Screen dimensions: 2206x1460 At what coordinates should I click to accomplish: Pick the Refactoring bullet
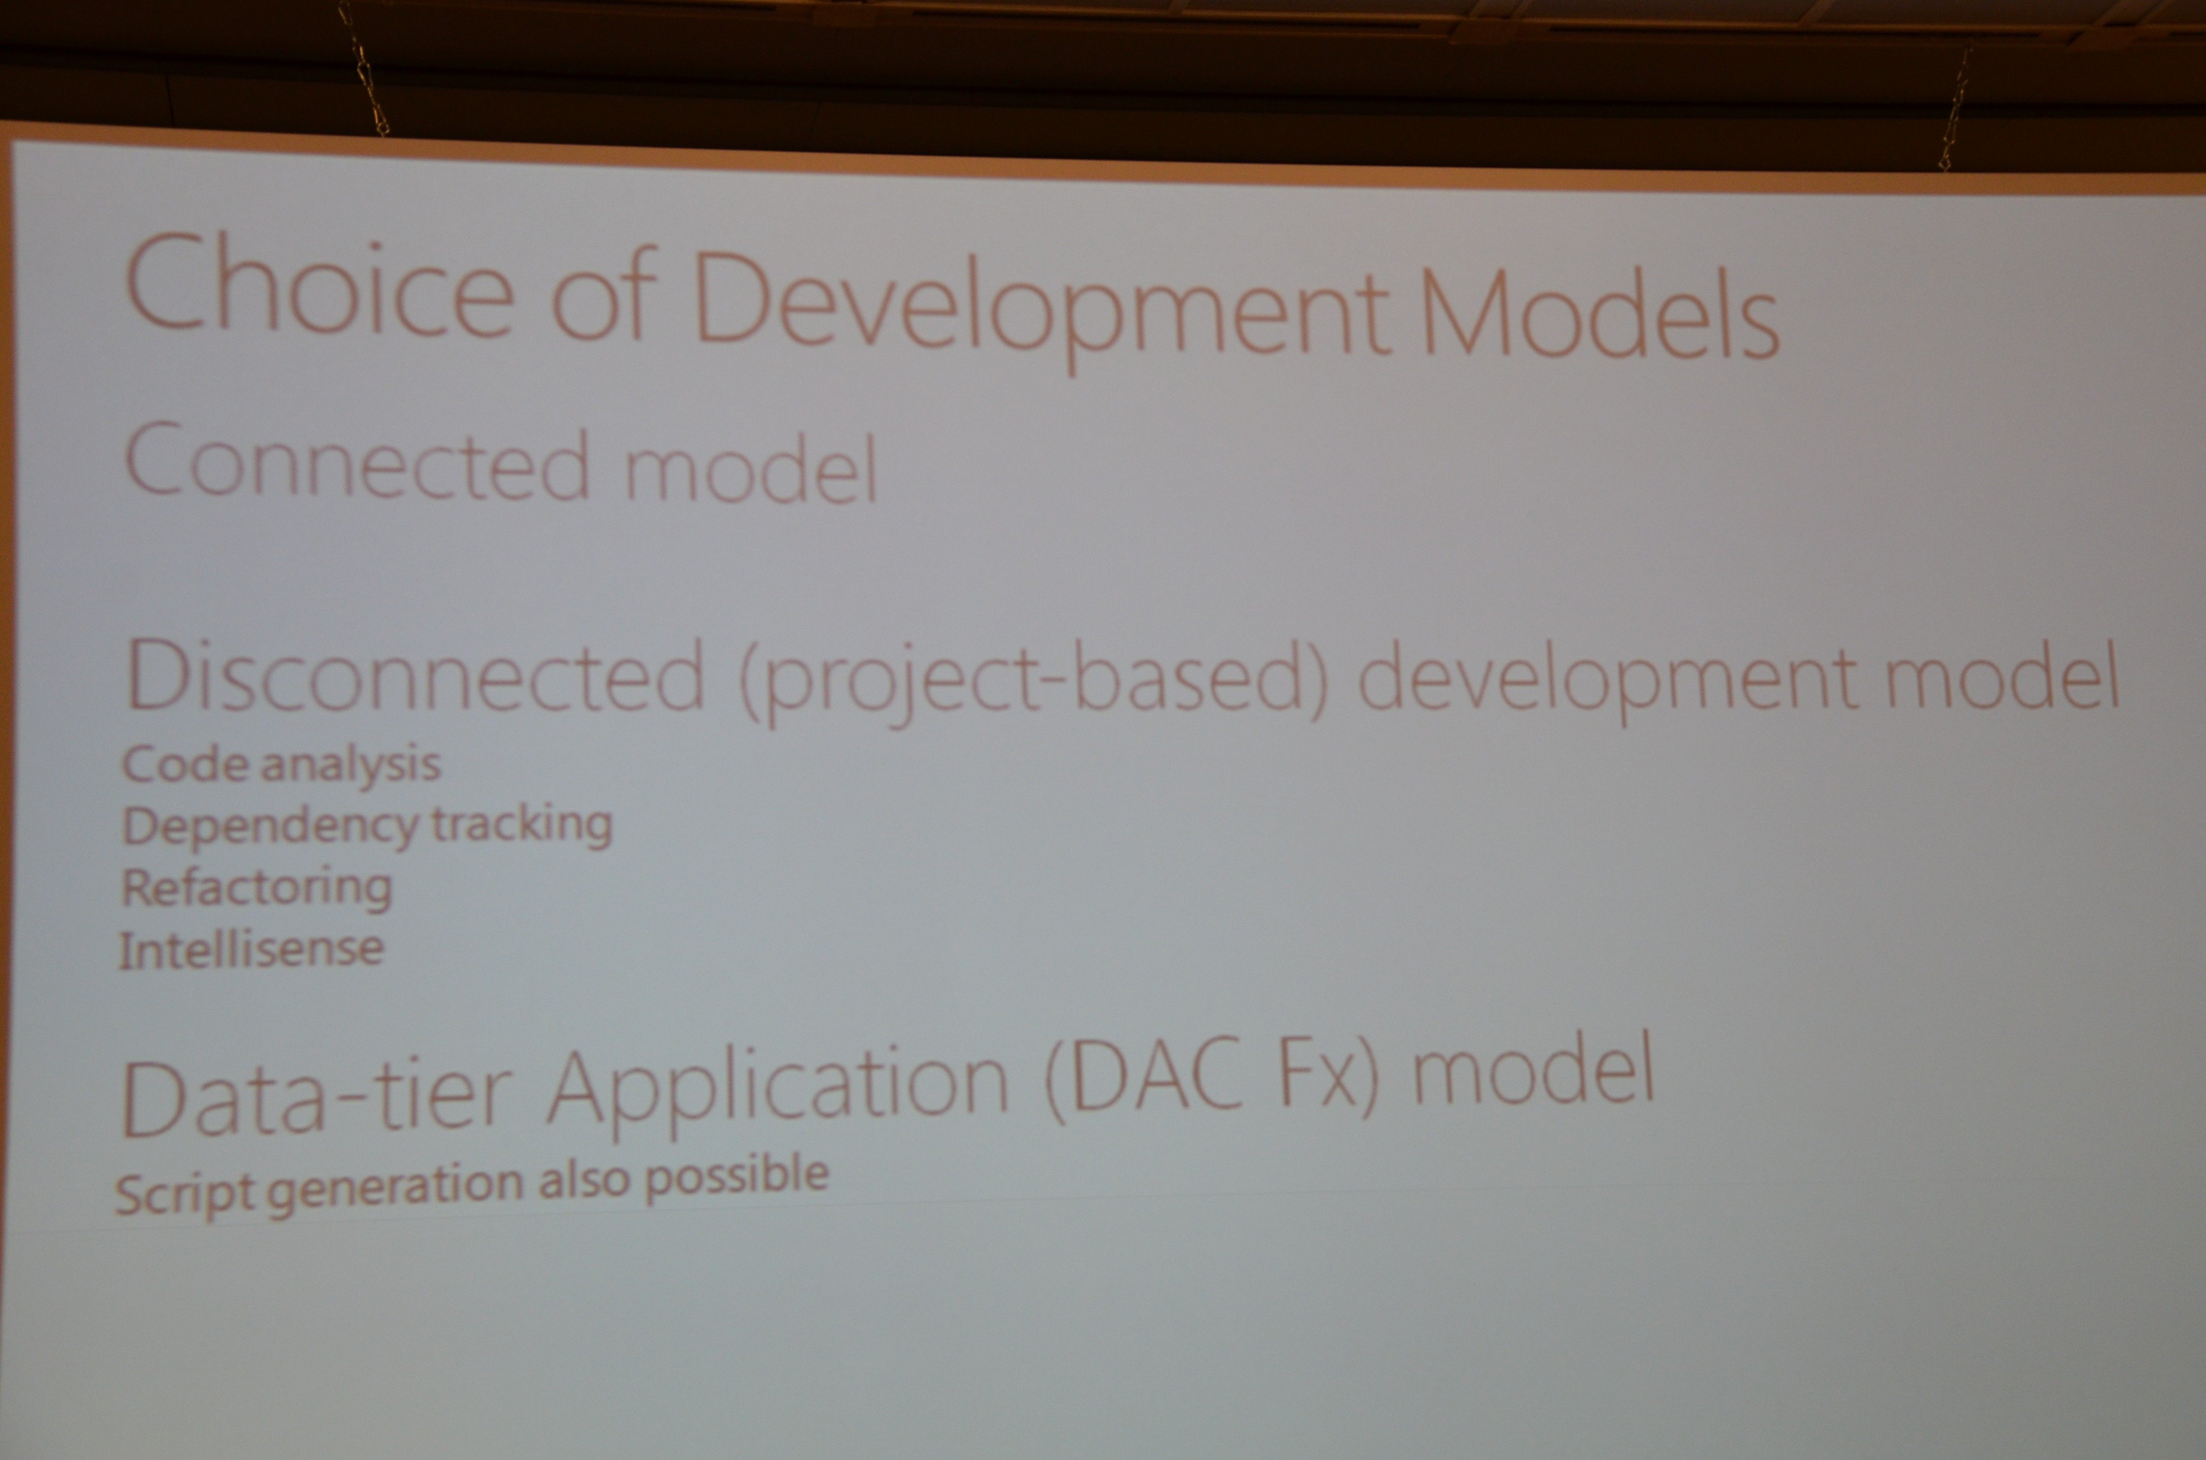pyautogui.click(x=256, y=887)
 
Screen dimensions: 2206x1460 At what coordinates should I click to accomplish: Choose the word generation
pyautogui.click(x=395, y=1187)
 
